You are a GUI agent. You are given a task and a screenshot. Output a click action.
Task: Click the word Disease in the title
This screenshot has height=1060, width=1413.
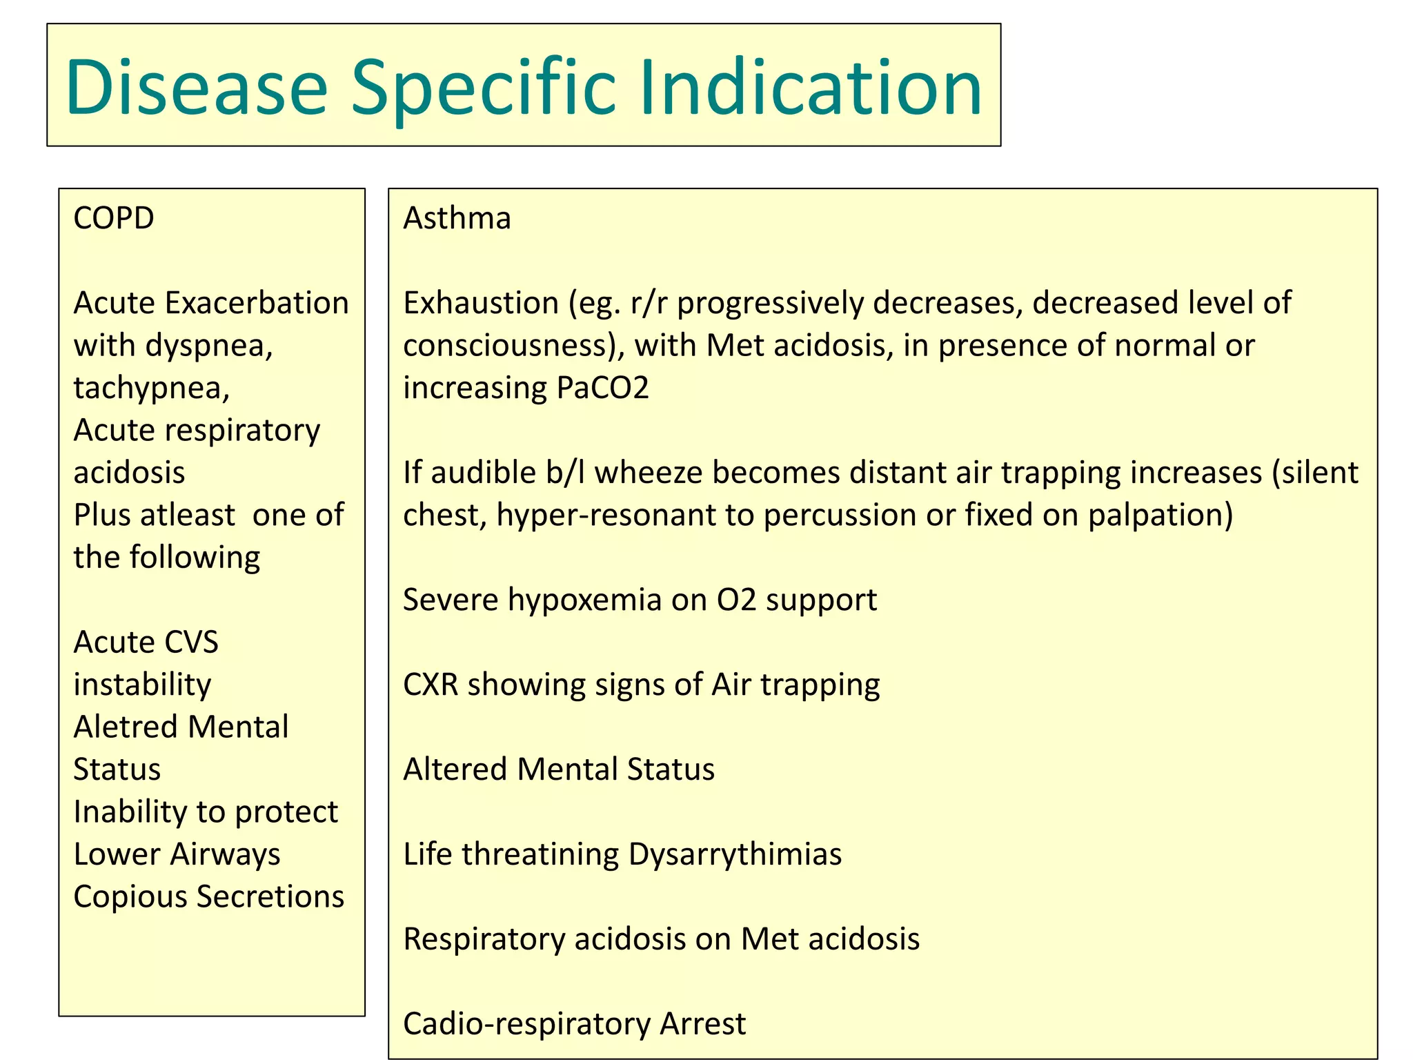(197, 88)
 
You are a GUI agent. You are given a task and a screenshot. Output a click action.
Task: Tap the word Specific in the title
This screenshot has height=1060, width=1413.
(483, 88)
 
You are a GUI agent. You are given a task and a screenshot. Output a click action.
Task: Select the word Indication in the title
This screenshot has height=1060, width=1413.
(811, 88)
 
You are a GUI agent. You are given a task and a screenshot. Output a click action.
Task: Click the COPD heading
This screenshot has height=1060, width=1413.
(114, 218)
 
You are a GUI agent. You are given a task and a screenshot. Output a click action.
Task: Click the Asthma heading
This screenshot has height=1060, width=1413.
(457, 218)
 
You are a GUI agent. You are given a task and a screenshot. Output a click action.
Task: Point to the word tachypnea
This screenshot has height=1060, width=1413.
(151, 388)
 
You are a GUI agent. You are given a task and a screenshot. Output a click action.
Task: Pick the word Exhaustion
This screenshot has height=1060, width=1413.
(481, 303)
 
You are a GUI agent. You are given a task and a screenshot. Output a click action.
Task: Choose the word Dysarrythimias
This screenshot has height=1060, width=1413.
(735, 854)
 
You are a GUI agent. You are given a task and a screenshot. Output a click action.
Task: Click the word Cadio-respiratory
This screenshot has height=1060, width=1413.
(526, 1023)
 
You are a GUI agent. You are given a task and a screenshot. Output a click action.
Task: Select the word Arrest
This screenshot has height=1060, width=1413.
(702, 1023)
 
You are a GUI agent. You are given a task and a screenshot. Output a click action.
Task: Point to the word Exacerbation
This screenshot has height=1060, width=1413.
(257, 303)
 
